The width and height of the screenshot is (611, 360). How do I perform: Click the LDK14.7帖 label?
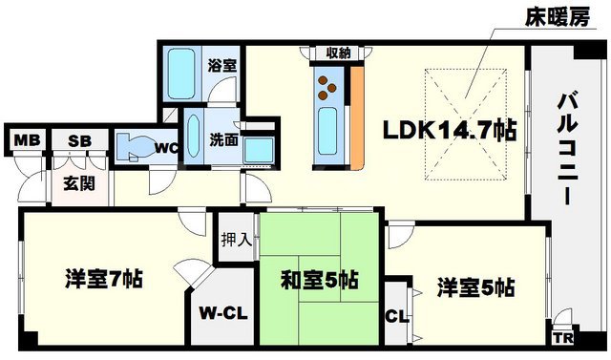pos(450,131)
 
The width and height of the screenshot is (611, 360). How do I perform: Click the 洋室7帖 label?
pos(104,280)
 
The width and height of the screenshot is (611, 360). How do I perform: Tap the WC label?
pos(166,147)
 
